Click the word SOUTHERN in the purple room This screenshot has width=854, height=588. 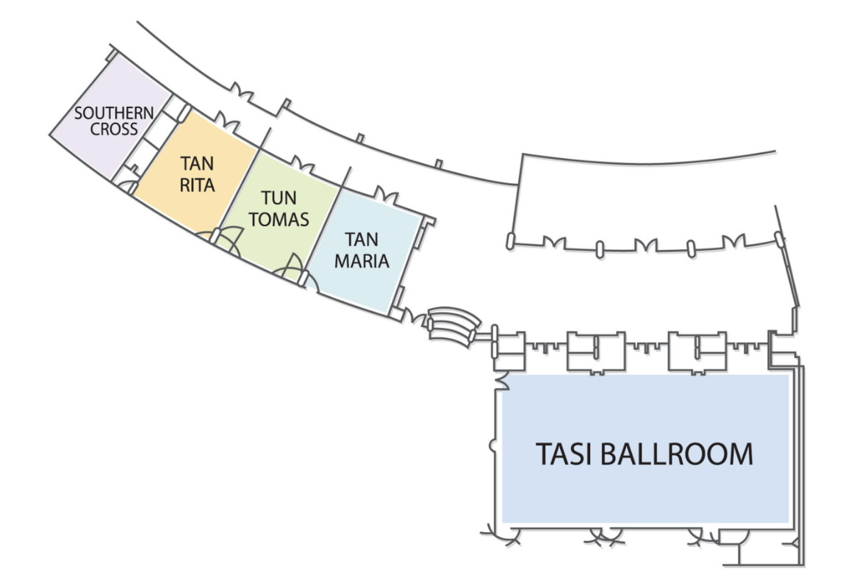pyautogui.click(x=114, y=114)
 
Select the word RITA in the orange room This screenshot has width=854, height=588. pyautogui.click(x=198, y=184)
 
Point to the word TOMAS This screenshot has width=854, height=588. pyautogui.click(x=279, y=218)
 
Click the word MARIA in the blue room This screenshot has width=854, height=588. pyautogui.click(x=362, y=259)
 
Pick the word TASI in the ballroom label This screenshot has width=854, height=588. pyautogui.click(x=564, y=454)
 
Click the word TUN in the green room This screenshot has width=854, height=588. pyautogui.click(x=279, y=198)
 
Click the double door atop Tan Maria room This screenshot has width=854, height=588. pyautogui.click(x=386, y=196)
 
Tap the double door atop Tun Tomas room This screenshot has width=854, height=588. pyautogui.click(x=302, y=163)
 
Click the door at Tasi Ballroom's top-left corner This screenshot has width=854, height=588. pyautogui.click(x=503, y=381)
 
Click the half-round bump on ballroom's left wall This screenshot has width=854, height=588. pyautogui.click(x=492, y=445)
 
